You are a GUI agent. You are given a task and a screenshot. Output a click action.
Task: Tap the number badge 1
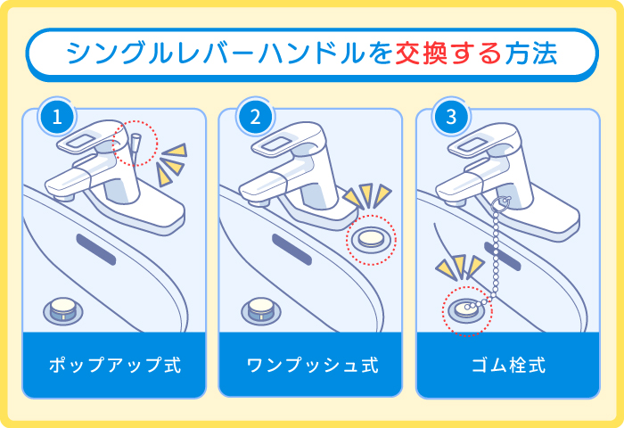click(x=55, y=116)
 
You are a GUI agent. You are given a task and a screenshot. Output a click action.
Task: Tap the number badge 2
click(x=254, y=116)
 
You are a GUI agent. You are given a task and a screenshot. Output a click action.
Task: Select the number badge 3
click(x=450, y=116)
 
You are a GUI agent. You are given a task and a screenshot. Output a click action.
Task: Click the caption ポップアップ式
click(x=114, y=365)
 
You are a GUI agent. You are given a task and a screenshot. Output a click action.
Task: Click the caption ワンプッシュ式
click(x=312, y=365)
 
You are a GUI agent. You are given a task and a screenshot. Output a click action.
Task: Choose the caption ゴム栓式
click(x=509, y=365)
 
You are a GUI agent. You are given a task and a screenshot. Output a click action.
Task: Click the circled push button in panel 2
click(x=369, y=239)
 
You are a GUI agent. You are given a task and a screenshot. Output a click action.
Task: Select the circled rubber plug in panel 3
click(x=465, y=309)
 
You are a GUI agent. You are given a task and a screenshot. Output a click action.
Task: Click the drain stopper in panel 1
click(x=64, y=309)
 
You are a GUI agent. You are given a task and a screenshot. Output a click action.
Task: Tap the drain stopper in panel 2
click(x=261, y=309)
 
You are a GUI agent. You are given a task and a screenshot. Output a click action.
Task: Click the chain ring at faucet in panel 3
click(x=501, y=203)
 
